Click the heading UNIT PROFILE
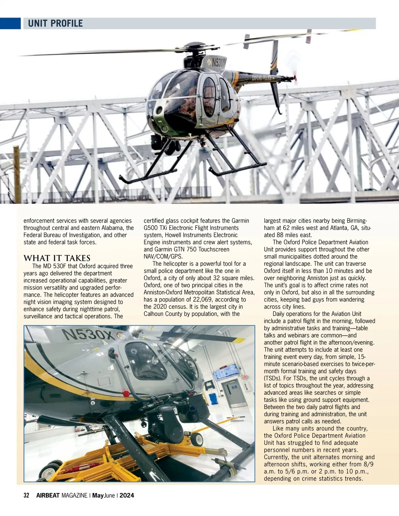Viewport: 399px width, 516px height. (x=55, y=24)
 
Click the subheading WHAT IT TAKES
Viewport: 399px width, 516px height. (x=57, y=258)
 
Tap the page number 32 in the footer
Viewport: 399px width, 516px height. (x=27, y=495)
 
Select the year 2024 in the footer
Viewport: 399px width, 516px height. (x=127, y=495)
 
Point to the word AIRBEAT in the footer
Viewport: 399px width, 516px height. (x=48, y=495)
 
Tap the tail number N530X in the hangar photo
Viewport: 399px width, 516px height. (x=88, y=334)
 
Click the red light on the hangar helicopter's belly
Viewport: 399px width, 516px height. (x=126, y=394)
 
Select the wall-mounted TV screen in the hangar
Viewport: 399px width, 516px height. (x=226, y=372)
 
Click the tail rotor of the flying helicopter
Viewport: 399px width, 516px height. (x=294, y=78)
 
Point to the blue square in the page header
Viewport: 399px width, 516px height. (x=10, y=23)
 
